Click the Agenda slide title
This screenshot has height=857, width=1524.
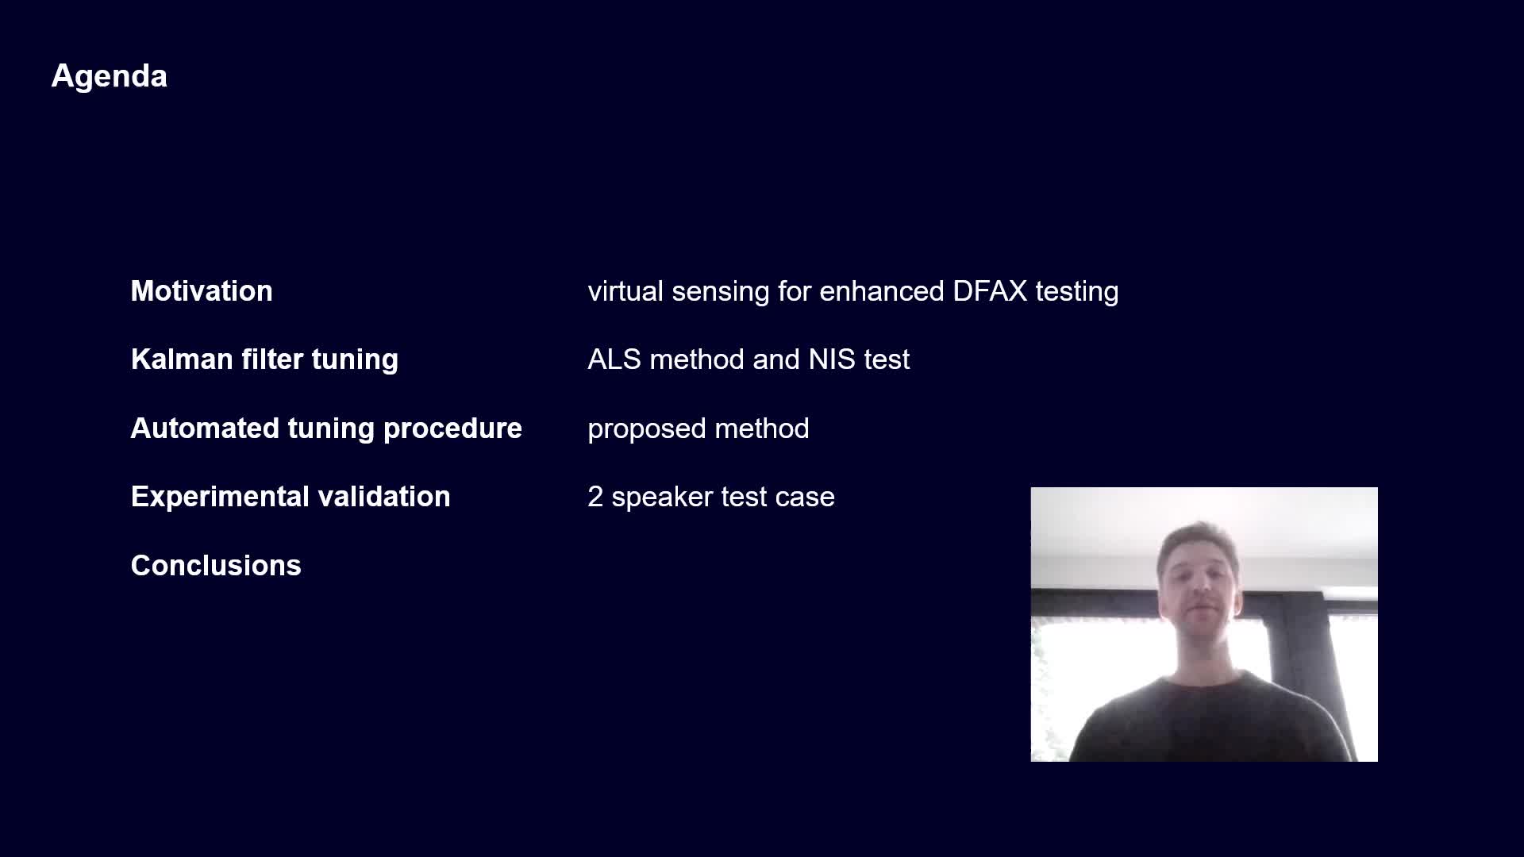tap(110, 77)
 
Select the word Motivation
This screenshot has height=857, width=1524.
tap(202, 291)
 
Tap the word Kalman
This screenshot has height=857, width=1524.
tap(182, 359)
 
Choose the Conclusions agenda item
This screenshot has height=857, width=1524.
tap(216, 566)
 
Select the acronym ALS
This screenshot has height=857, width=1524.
tap(614, 359)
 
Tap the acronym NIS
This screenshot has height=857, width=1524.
tap(832, 359)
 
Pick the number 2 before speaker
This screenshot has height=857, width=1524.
tap(595, 497)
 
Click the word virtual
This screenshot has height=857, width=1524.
tap(625, 291)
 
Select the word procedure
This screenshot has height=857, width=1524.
tap(452, 429)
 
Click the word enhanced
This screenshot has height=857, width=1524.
tap(882, 291)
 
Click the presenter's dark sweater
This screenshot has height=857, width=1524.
tap(1211, 718)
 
